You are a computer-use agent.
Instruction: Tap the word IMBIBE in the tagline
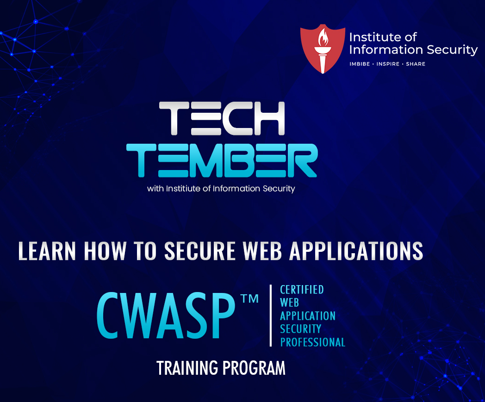tap(360, 64)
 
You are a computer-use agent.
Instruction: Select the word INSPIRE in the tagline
tap(388, 64)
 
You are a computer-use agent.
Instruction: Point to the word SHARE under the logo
tap(416, 64)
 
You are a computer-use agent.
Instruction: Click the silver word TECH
tap(222, 119)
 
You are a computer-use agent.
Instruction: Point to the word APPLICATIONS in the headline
tap(356, 250)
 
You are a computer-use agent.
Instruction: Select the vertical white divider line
tap(271, 316)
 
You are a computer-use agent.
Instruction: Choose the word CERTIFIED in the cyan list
tap(302, 290)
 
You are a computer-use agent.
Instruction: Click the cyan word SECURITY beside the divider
tap(300, 329)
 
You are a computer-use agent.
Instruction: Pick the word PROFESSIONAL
tap(312, 342)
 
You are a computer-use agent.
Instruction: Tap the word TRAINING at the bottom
tap(187, 368)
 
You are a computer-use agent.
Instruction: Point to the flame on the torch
tap(322, 37)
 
